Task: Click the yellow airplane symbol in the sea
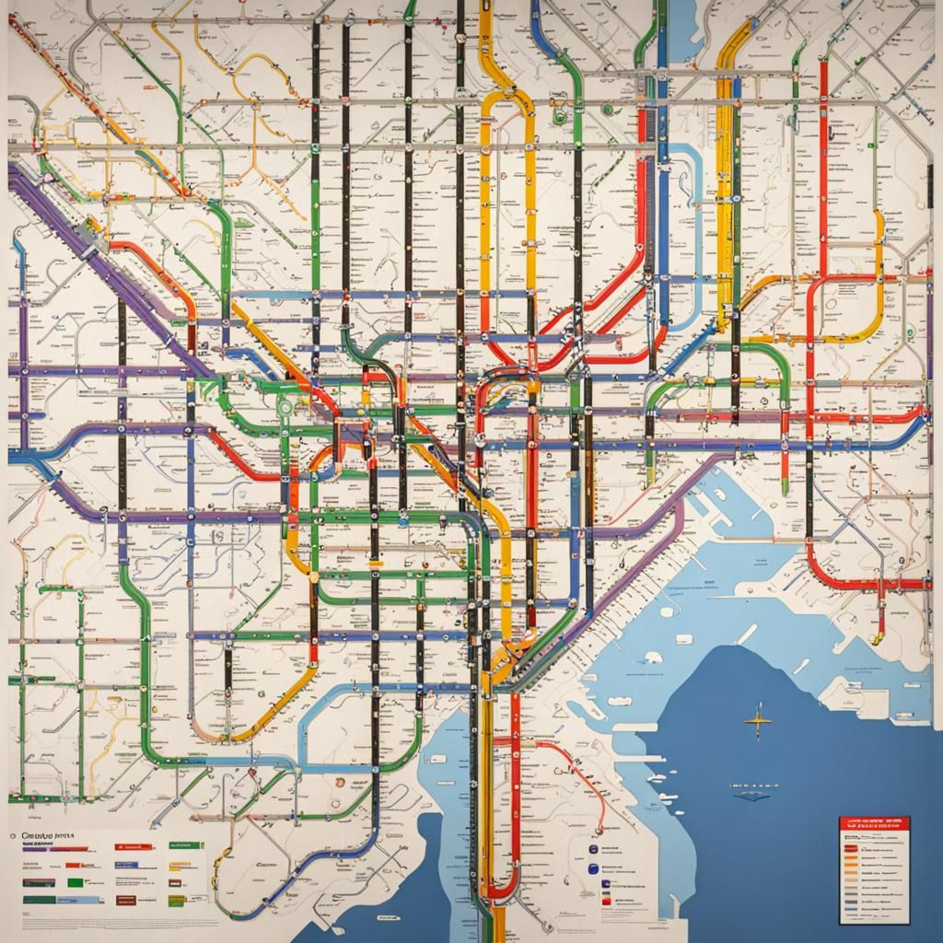pyautogui.click(x=757, y=720)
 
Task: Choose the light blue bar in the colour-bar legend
pyautogui.click(x=84, y=900)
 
